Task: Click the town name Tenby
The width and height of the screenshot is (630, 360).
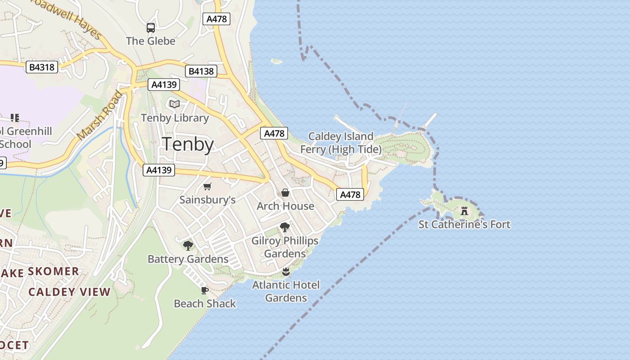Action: pyautogui.click(x=188, y=144)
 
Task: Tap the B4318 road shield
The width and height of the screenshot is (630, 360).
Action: pyautogui.click(x=42, y=67)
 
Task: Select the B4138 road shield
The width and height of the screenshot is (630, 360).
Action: pyautogui.click(x=201, y=71)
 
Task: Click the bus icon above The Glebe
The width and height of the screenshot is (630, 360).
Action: pyautogui.click(x=151, y=28)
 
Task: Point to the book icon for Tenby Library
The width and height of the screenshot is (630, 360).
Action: pyautogui.click(x=174, y=104)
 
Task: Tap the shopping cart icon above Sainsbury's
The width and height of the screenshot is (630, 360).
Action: pyautogui.click(x=207, y=187)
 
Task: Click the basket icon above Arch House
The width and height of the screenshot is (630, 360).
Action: pyautogui.click(x=285, y=193)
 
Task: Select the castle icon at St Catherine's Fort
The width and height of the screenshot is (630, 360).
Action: pyautogui.click(x=464, y=211)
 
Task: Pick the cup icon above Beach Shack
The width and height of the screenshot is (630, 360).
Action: pyautogui.click(x=204, y=290)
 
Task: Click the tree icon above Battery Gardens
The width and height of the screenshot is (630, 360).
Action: pyautogui.click(x=188, y=246)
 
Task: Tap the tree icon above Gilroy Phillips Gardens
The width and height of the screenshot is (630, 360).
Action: pyautogui.click(x=284, y=227)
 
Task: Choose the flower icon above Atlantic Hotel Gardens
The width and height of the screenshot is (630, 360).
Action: pyautogui.click(x=285, y=272)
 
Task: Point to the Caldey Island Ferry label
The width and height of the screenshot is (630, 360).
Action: pyautogui.click(x=341, y=143)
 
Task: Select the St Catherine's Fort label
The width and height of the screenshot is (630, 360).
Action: pyautogui.click(x=464, y=224)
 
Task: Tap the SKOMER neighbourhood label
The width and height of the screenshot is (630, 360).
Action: pyautogui.click(x=54, y=271)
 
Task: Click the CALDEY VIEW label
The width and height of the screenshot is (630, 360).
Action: pyautogui.click(x=69, y=292)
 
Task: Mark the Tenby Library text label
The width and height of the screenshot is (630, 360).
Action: pyautogui.click(x=175, y=118)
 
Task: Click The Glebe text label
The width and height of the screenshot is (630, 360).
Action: pyautogui.click(x=150, y=41)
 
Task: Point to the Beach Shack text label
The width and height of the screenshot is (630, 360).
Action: pyautogui.click(x=205, y=304)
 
